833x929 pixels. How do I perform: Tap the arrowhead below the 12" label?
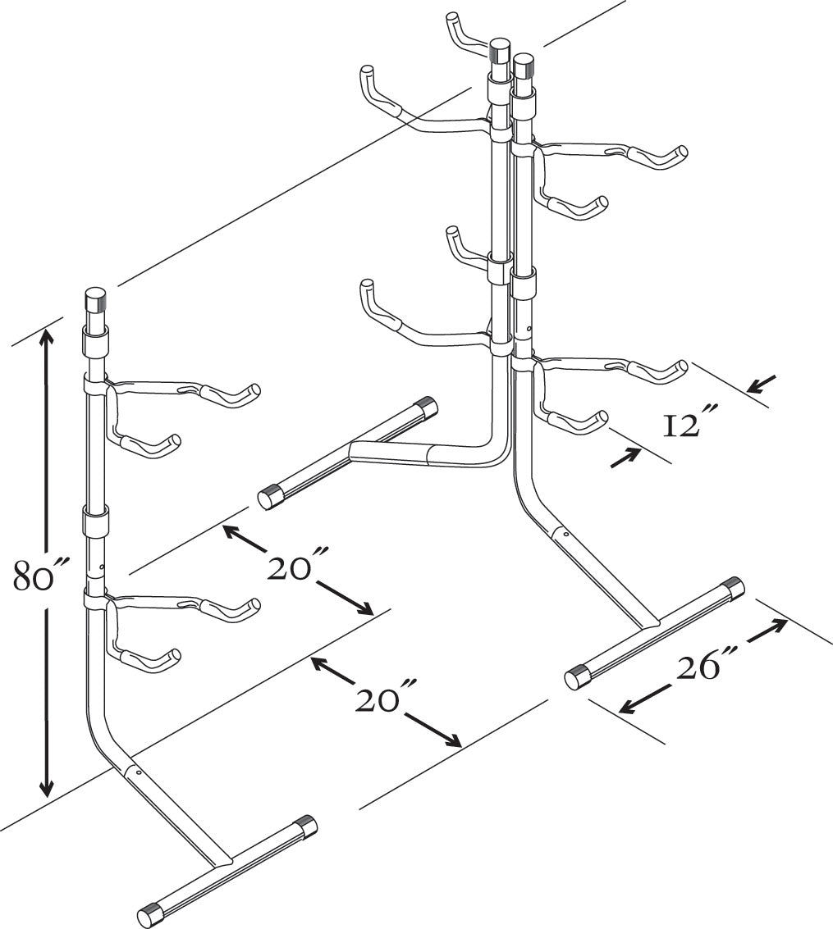pos(625,460)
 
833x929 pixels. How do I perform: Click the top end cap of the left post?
pos(96,300)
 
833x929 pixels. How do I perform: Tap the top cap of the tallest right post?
pos(498,51)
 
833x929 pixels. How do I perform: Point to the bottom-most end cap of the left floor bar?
pos(149,913)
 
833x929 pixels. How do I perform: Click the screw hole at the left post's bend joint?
pos(139,772)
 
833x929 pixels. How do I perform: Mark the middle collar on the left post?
pos(97,522)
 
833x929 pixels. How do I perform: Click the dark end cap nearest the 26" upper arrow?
pos(732,587)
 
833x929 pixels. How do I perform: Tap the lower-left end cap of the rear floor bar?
pos(269,497)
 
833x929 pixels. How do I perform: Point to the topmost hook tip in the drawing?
pos(453,18)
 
